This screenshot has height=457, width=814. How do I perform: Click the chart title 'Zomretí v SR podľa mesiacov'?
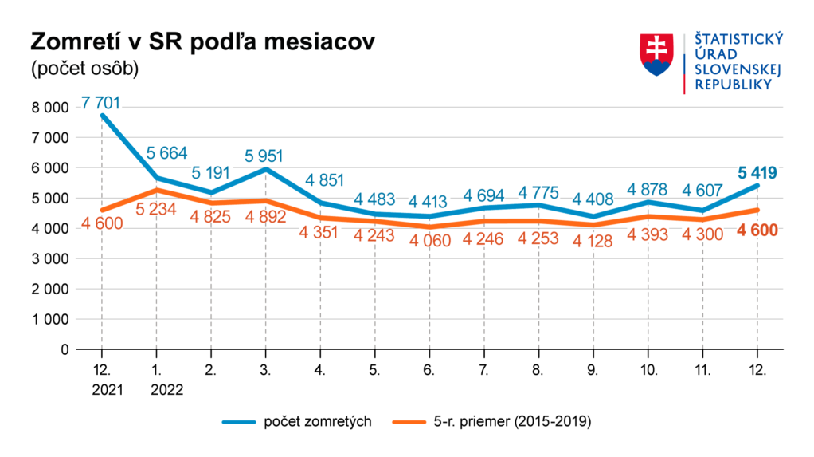(x=202, y=43)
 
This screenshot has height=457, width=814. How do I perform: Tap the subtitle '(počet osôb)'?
(x=84, y=69)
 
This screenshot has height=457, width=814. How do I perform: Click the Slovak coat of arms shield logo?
(x=657, y=55)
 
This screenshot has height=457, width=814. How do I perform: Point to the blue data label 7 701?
(x=102, y=103)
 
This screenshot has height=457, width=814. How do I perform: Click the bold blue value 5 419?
(x=757, y=172)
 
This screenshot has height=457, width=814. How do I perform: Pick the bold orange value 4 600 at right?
(x=757, y=231)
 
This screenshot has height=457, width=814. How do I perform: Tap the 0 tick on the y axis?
(x=64, y=349)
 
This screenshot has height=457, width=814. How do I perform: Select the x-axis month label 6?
(x=429, y=371)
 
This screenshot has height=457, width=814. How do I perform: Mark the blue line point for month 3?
(x=266, y=169)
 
